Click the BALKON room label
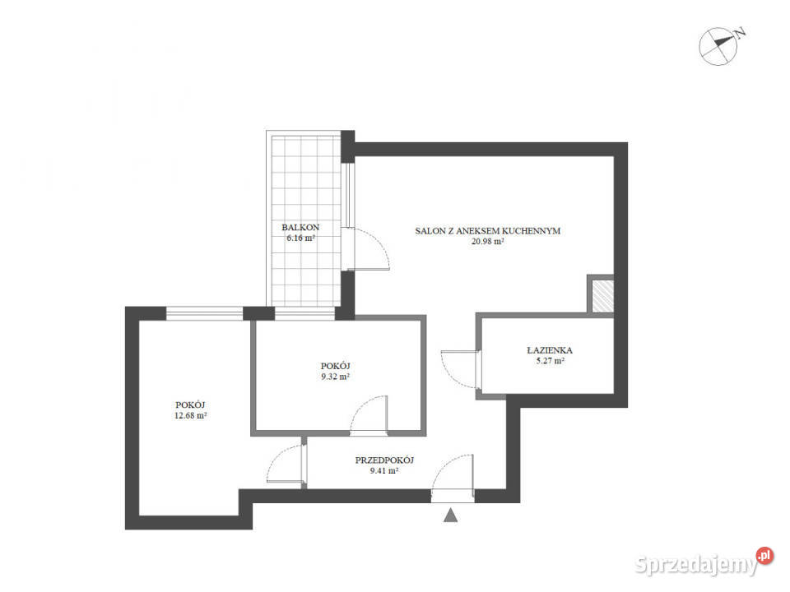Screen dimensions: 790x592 (300, 228)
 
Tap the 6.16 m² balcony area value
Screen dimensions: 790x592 (301, 238)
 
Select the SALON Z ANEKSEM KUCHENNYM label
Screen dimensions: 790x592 (488, 231)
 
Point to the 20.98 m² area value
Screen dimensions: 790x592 (488, 242)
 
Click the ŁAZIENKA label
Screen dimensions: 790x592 (550, 350)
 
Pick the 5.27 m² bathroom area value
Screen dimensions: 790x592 (551, 361)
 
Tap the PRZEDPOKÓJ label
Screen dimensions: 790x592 (384, 460)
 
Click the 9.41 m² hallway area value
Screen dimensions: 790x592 (384, 471)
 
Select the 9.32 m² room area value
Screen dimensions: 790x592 (336, 377)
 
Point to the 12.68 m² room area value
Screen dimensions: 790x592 (190, 416)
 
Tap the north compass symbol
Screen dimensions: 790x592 (718, 46)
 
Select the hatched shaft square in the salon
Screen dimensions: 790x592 (602, 295)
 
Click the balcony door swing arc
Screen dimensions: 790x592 (379, 241)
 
